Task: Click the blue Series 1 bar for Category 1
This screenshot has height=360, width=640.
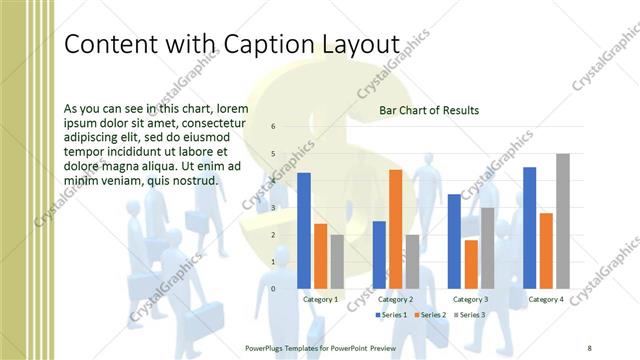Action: point(304,231)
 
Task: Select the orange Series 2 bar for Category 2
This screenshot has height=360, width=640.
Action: point(395,229)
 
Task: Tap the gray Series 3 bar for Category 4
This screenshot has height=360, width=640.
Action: point(563,221)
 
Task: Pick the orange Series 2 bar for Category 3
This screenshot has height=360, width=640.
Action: point(471,264)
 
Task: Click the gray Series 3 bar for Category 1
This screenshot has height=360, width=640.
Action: point(337,262)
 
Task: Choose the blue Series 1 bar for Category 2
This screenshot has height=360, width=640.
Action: point(379,255)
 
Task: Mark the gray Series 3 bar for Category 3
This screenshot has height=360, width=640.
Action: point(487,248)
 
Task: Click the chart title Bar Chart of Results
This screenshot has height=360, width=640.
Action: point(429,110)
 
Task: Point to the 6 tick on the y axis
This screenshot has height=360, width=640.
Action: point(274,127)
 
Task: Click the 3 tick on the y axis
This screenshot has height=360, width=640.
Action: point(274,208)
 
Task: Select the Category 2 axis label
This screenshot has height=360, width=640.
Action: point(396,299)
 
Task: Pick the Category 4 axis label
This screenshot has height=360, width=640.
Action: point(546,299)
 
